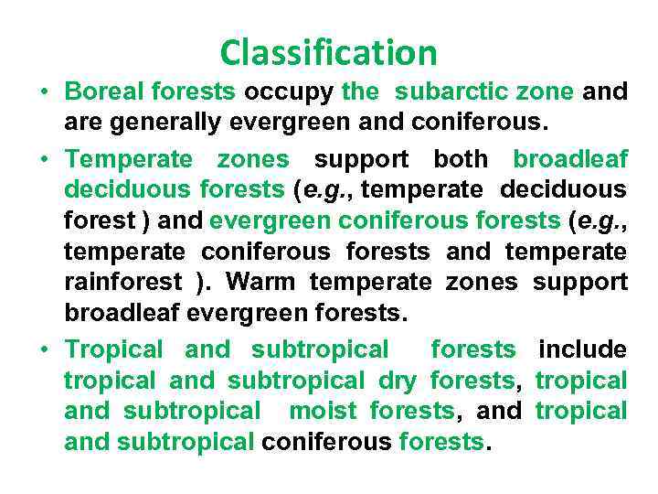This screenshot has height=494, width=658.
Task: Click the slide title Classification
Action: (x=328, y=52)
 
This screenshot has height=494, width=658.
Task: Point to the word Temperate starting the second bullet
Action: (x=129, y=159)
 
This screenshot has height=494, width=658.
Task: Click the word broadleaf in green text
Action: (x=570, y=159)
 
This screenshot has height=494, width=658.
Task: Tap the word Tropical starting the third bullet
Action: (x=114, y=349)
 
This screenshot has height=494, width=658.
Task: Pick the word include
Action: (x=583, y=349)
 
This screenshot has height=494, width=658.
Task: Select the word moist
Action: (x=325, y=411)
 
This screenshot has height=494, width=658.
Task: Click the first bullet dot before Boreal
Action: (x=44, y=92)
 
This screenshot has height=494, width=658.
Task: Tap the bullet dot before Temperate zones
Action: (x=44, y=160)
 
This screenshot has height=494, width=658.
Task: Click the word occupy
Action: (x=290, y=91)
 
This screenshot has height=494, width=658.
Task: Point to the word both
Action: (x=460, y=159)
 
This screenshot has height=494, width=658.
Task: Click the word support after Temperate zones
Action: (x=361, y=159)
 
